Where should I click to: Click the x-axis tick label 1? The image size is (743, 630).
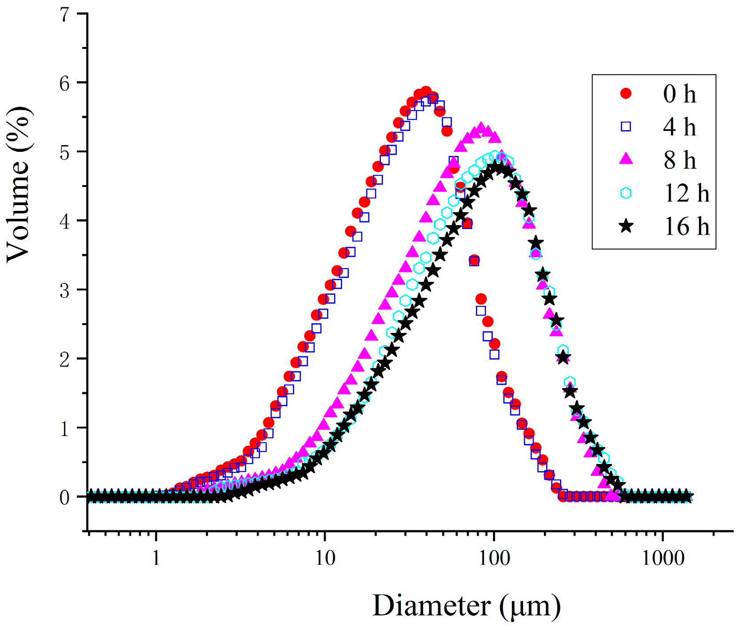(156, 558)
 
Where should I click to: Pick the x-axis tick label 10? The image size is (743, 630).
(325, 558)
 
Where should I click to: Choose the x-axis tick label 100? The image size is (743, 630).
(494, 558)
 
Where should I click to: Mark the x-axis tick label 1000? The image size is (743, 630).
(663, 558)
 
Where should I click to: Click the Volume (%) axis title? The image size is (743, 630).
(19, 185)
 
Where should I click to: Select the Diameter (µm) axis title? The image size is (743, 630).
(467, 606)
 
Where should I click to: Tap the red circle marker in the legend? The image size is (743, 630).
(626, 93)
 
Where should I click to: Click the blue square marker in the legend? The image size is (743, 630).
(626, 127)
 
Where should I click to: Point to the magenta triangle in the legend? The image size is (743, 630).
(626, 159)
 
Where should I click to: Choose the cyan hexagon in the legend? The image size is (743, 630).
(626, 193)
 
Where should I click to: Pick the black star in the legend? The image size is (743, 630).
(626, 226)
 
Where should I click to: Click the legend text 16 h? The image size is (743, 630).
(687, 226)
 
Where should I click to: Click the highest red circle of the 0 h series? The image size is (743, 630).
(426, 91)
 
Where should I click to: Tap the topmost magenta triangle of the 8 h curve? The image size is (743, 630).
(481, 128)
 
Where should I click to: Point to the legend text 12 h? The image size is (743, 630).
(687, 193)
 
